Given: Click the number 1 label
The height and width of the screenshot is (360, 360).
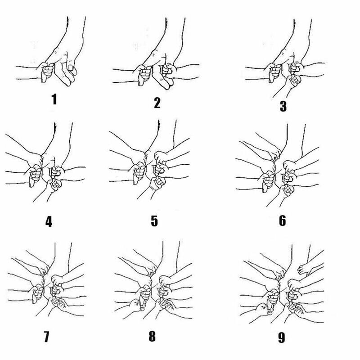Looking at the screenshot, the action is point(54,99).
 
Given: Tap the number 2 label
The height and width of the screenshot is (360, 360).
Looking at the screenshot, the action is point(157,103).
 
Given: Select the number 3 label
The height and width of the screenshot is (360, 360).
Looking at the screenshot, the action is point(283,106).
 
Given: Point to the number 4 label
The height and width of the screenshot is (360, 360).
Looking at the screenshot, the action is point(49,221).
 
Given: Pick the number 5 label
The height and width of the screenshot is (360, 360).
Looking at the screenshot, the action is point(154,221).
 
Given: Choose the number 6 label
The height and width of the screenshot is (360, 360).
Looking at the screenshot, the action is point(283,220).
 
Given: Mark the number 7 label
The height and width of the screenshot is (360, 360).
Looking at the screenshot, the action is point(47,337).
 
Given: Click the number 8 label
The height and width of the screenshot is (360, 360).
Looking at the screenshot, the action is point(152,336).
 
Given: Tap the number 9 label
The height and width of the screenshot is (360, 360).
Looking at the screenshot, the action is point(282,337).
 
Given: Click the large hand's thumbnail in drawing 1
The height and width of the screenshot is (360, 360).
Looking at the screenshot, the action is point(71,68).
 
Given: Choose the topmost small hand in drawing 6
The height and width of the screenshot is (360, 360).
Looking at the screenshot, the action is point(275,154).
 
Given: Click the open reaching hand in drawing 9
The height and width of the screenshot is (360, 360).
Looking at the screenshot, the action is point(305,269).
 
